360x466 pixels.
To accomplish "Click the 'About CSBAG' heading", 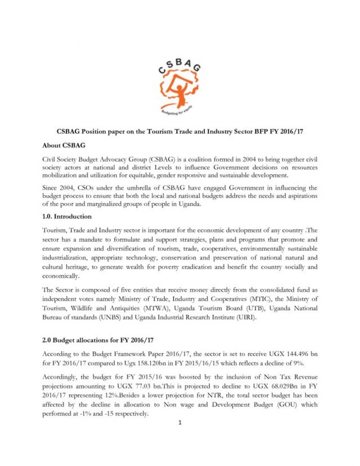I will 65,144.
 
